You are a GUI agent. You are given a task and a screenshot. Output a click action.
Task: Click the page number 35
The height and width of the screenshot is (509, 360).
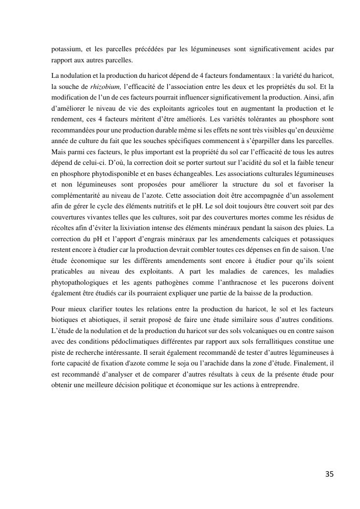329,474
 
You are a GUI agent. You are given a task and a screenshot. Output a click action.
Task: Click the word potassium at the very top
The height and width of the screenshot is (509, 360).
68,49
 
